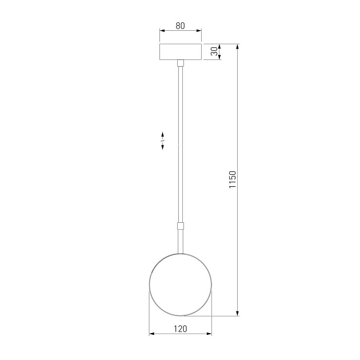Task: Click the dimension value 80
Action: [180, 25]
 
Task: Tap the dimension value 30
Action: [214, 51]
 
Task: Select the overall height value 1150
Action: [232, 179]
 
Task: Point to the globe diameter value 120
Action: [180, 329]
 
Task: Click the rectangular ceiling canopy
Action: [180, 51]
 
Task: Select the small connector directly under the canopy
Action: [180, 62]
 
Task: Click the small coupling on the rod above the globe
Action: [180, 225]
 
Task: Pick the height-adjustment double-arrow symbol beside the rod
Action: [163, 140]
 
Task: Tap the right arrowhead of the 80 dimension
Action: [199, 31]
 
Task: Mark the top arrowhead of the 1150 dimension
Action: [238, 46]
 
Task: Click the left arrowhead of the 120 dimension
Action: [151, 334]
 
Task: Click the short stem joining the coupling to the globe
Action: [180, 240]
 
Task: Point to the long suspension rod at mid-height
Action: [180, 143]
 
